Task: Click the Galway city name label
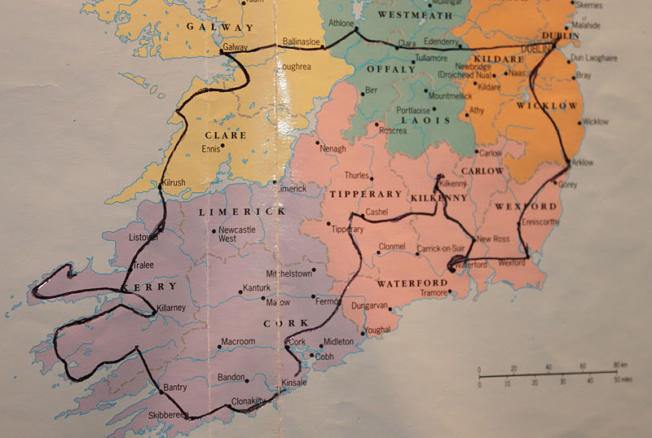pyautogui.click(x=235, y=47)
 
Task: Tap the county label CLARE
pyautogui.click(x=227, y=135)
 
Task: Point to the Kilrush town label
pyautogui.click(x=175, y=183)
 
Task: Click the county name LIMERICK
pyautogui.click(x=243, y=212)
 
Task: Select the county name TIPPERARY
pyautogui.click(x=366, y=194)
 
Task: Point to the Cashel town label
pyautogui.click(x=377, y=212)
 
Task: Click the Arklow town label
pyautogui.click(x=583, y=162)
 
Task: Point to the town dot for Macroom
pyautogui.click(x=219, y=347)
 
